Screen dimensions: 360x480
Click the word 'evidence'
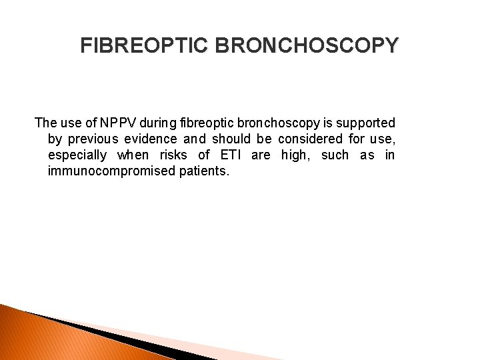tap(153, 139)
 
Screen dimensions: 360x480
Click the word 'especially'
tap(77, 155)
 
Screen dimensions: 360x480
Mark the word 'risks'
tap(175, 155)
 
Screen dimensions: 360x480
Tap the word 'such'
tap(335, 155)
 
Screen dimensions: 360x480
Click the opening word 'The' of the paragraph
tap(45, 123)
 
